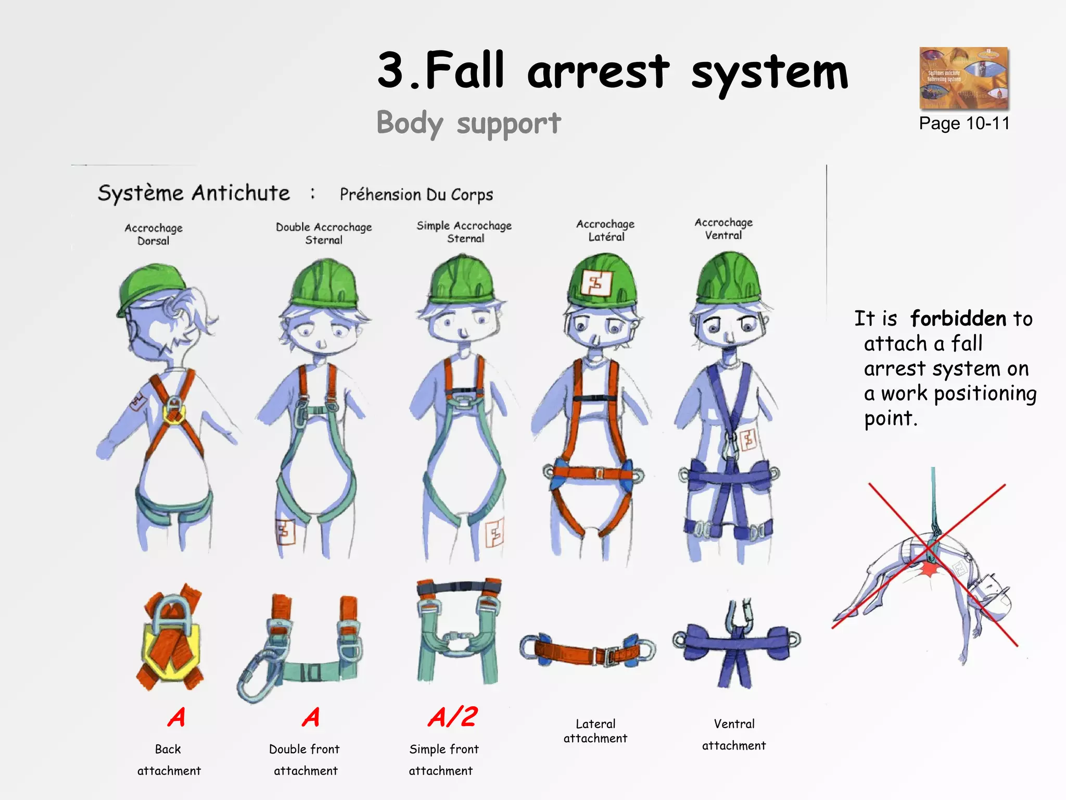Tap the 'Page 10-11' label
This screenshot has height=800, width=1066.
(x=964, y=123)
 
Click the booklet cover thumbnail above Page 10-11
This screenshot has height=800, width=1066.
(x=964, y=78)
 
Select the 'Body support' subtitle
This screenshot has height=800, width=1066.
(x=468, y=123)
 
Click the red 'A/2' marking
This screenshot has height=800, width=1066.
(x=452, y=717)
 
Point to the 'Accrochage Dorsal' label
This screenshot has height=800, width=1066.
(x=154, y=234)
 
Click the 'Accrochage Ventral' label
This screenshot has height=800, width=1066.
(x=724, y=229)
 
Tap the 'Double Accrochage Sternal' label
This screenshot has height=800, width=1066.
(x=324, y=233)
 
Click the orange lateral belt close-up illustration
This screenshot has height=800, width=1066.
(x=588, y=650)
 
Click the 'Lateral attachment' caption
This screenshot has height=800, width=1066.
(x=595, y=731)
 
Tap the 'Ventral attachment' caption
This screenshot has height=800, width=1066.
(x=734, y=734)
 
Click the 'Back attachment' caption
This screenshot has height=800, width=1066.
(x=169, y=760)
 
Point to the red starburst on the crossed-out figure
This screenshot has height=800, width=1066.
(x=929, y=570)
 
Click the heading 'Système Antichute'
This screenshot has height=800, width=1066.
(x=194, y=193)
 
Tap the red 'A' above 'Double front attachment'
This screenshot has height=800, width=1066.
(x=311, y=717)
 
